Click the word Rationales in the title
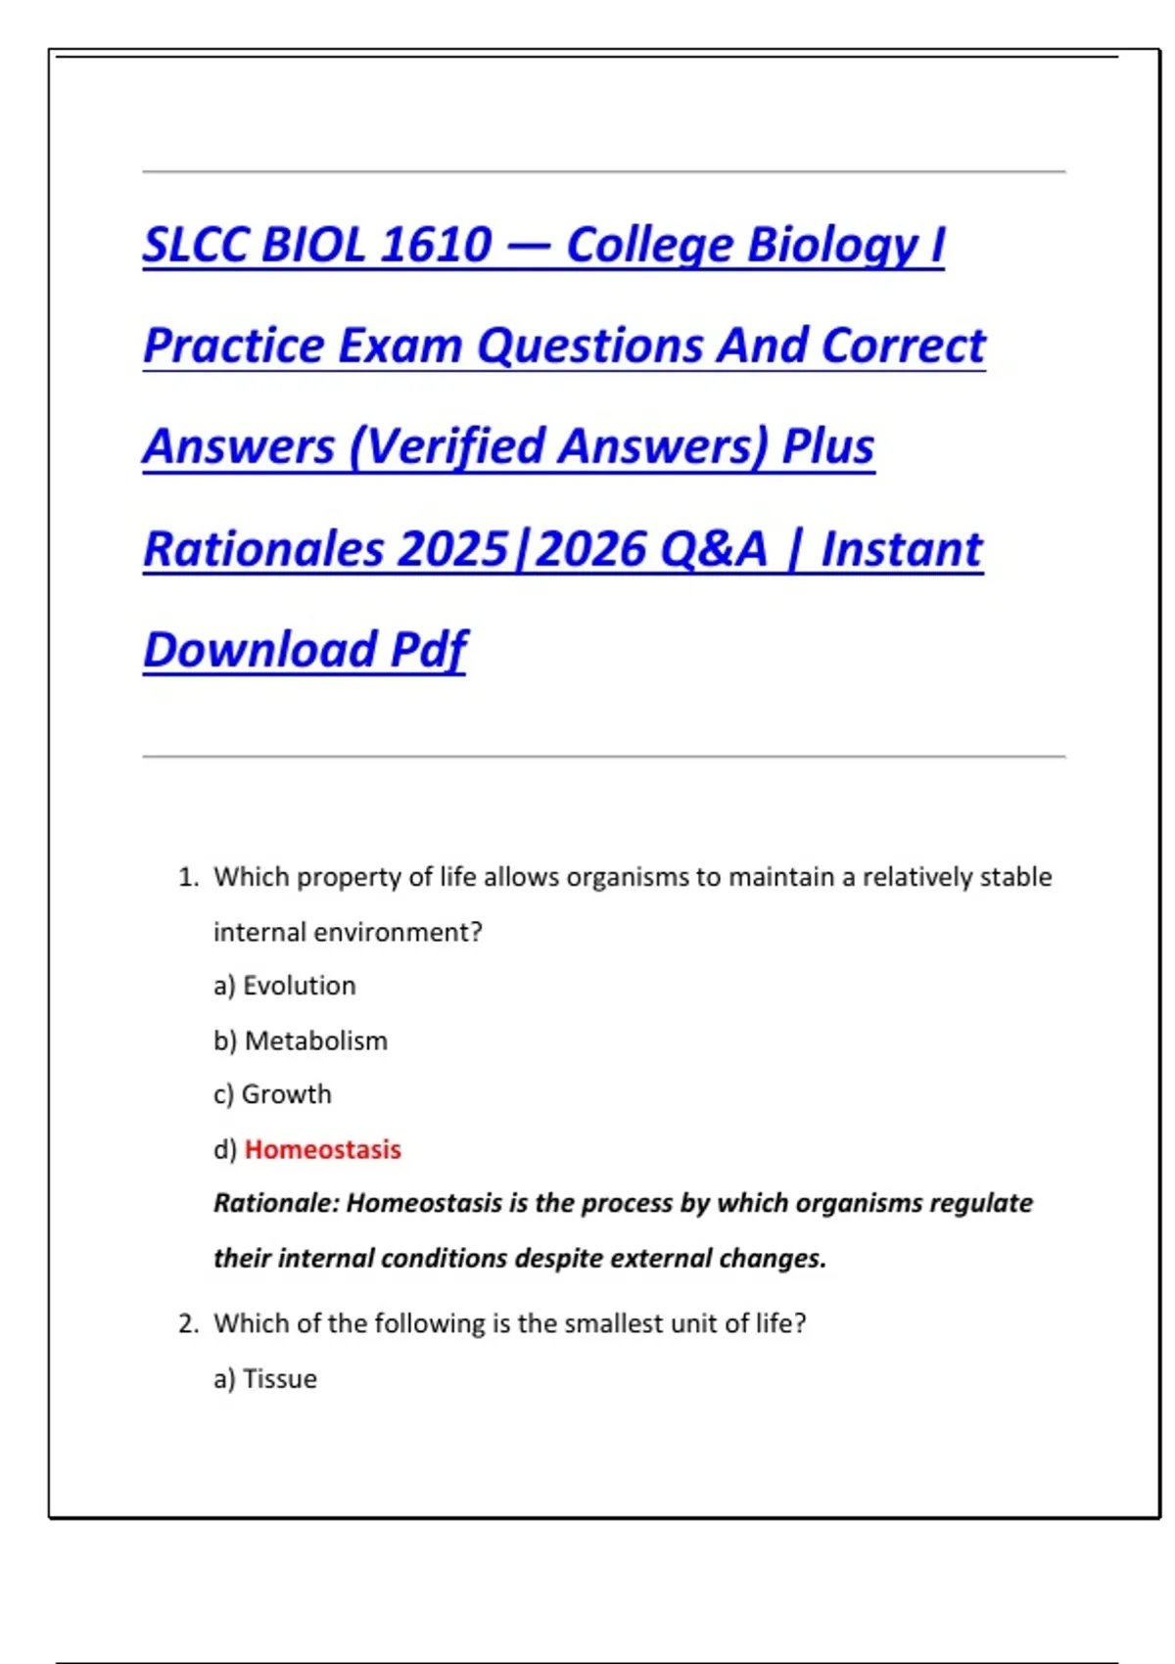(x=263, y=548)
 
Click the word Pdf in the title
(x=429, y=649)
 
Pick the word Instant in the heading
(x=901, y=548)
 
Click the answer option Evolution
(x=299, y=986)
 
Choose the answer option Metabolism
(x=315, y=1040)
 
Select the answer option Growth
(x=286, y=1094)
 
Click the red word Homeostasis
(x=322, y=1149)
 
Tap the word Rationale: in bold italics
(x=276, y=1203)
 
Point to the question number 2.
(x=187, y=1324)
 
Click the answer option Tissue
(x=279, y=1379)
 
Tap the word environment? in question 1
(x=399, y=932)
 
